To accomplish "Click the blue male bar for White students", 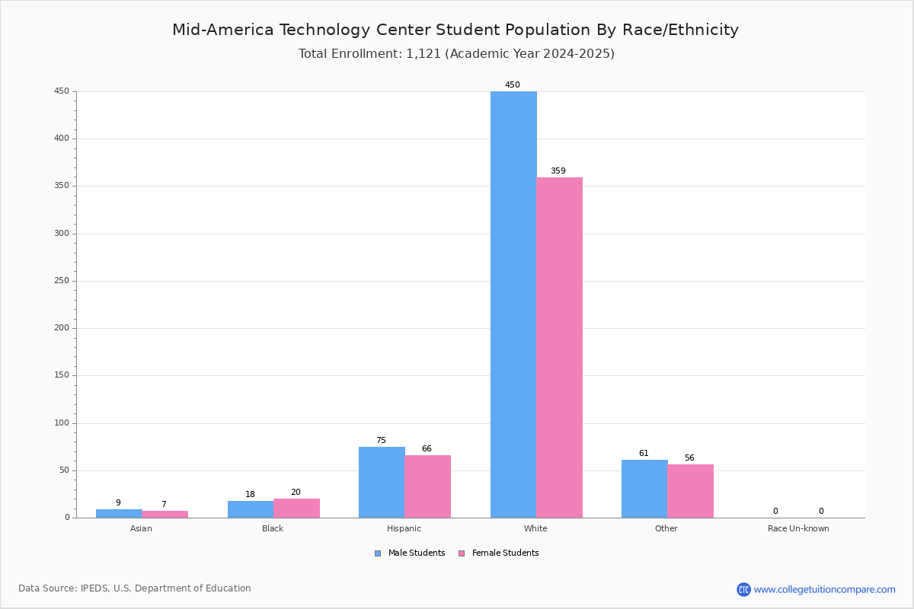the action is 513,304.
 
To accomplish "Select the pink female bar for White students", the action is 559,348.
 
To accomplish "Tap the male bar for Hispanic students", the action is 382,483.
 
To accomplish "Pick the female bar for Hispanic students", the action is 427,486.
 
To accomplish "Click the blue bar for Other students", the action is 644,489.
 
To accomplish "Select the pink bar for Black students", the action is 296,509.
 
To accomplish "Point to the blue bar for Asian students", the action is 119,514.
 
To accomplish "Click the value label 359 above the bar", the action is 558,171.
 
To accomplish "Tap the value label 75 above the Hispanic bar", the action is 381,441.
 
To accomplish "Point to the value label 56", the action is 689,458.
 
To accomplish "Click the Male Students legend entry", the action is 410,553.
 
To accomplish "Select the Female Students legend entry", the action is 499,553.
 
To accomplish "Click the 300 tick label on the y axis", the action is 62,233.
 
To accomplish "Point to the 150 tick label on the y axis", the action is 62,375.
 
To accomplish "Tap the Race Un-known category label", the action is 798,528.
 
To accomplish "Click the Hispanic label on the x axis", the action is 404,528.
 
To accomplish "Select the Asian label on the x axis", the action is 141,528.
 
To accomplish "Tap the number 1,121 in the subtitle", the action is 423,54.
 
